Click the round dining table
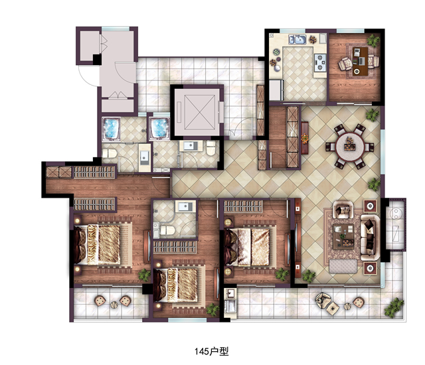350,147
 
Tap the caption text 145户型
211,352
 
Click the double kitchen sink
297,40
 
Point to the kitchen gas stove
320,62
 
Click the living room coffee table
343,237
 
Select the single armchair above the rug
343,209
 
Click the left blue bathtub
111,129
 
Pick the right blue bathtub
159,129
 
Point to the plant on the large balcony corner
394,308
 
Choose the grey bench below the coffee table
343,266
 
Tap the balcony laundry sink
230,293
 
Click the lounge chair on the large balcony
323,300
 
